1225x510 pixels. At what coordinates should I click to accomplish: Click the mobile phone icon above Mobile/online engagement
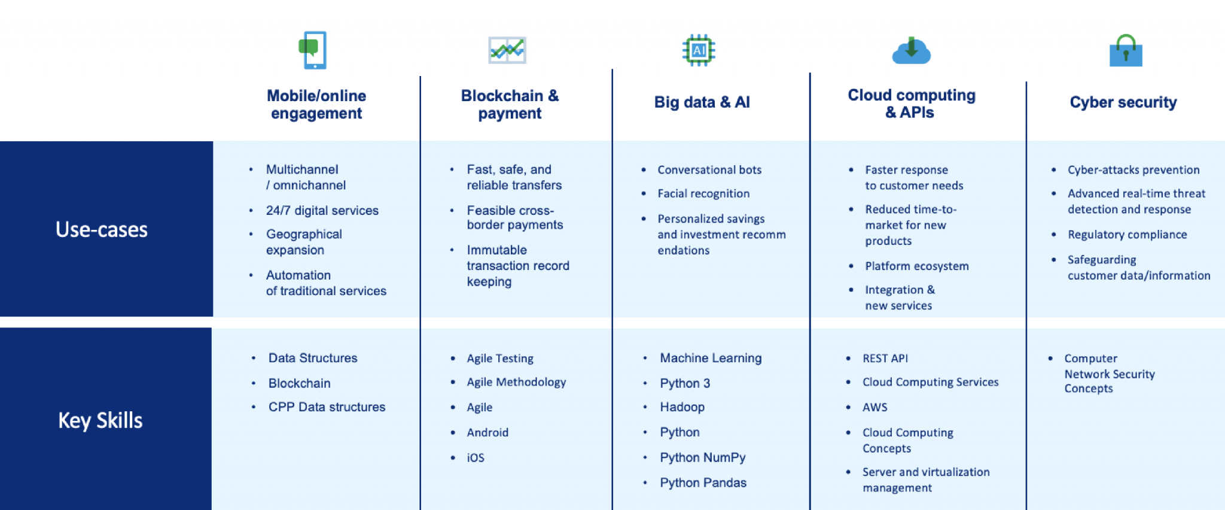[313, 50]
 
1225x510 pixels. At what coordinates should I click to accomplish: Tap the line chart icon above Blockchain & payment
[507, 50]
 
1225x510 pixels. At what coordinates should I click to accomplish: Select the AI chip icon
[699, 50]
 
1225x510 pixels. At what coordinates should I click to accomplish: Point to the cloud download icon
[911, 50]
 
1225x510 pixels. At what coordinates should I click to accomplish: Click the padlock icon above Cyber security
[1126, 51]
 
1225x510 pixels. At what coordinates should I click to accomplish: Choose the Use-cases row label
[102, 229]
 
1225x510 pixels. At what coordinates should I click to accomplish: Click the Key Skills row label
[100, 420]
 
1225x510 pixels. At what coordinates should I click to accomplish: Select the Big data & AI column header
[702, 102]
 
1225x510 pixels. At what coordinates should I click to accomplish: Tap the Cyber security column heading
[1123, 102]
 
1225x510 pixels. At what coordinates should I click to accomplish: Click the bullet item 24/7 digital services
[322, 211]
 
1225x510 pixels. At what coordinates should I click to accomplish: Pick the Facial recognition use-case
[703, 193]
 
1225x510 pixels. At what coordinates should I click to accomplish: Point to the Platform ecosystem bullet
[916, 266]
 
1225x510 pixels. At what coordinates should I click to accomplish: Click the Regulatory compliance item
[1127, 235]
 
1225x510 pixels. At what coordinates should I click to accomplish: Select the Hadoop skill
[682, 407]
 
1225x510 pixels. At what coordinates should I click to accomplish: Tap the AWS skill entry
[874, 407]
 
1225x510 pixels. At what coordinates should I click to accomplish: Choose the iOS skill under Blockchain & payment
[476, 458]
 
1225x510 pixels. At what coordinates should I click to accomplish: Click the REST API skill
[885, 358]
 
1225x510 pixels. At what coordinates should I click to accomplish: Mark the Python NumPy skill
[702, 457]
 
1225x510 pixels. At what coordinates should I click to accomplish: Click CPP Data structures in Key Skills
[327, 407]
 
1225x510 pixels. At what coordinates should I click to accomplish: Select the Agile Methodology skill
[516, 382]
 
